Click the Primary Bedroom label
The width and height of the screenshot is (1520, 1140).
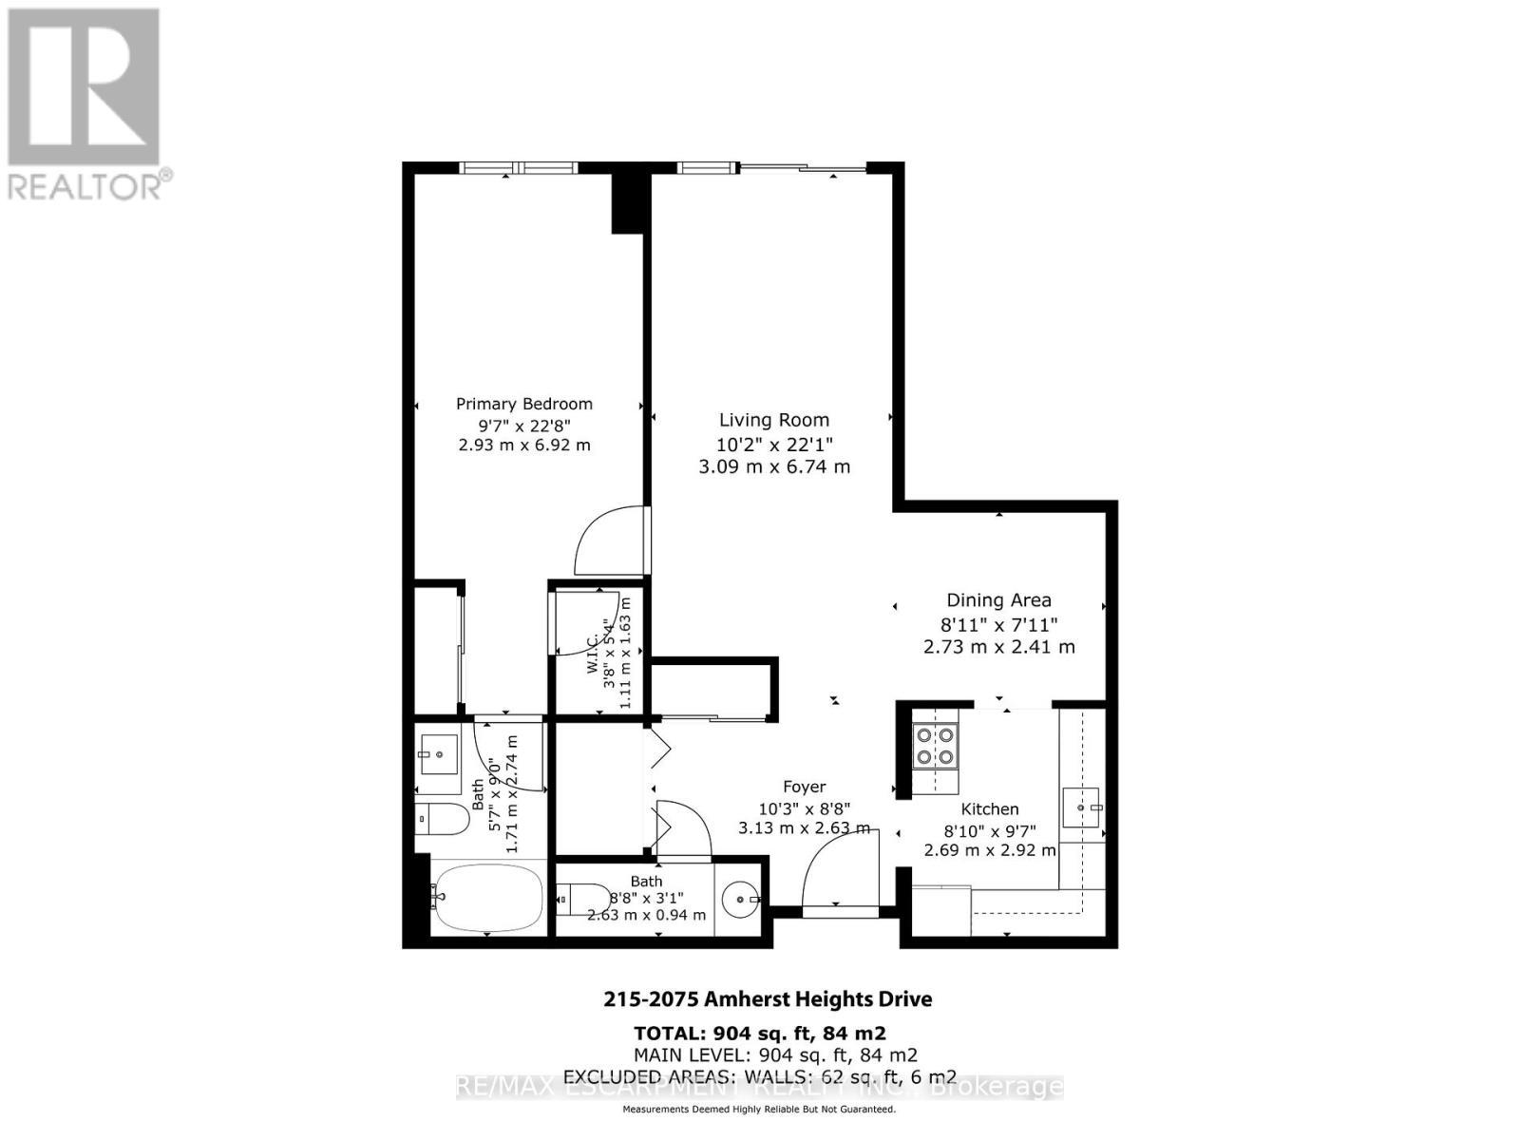pyautogui.click(x=523, y=404)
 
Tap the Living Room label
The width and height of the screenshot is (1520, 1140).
pyautogui.click(x=773, y=420)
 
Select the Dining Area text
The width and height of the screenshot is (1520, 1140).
pyautogui.click(x=998, y=600)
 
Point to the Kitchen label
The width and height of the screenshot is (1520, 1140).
pyautogui.click(x=990, y=809)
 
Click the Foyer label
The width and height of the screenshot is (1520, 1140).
pyautogui.click(x=804, y=787)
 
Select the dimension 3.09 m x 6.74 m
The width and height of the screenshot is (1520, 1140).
pyautogui.click(x=773, y=466)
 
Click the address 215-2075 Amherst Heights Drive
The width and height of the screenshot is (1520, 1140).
pyautogui.click(x=768, y=999)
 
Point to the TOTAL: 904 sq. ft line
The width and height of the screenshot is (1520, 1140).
pyautogui.click(x=760, y=1033)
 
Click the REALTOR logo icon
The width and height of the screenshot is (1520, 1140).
pyautogui.click(x=84, y=87)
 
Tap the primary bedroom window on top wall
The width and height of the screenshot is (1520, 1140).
pyautogui.click(x=519, y=168)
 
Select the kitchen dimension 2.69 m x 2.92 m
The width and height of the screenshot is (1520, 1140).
pyautogui.click(x=990, y=850)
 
